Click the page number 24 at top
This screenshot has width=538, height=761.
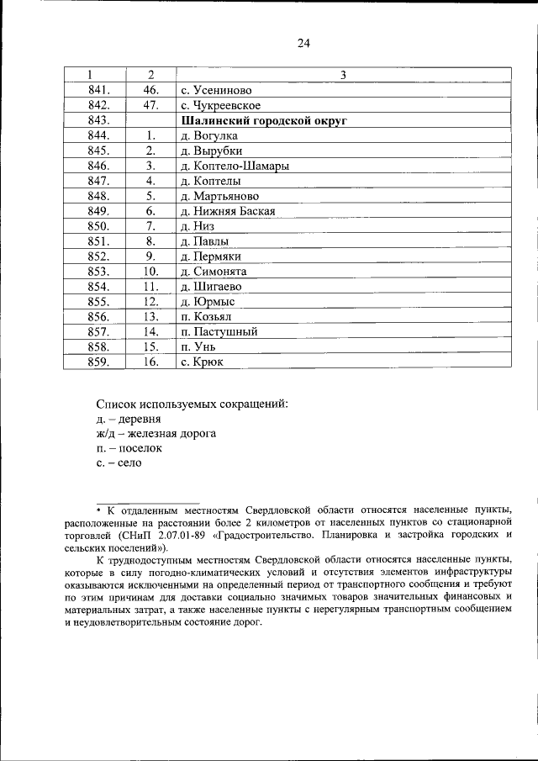click(303, 45)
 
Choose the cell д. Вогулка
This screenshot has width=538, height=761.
click(208, 136)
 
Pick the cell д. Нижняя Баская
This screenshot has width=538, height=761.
click(228, 212)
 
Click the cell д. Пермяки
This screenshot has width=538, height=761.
click(211, 256)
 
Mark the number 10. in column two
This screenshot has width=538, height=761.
click(150, 272)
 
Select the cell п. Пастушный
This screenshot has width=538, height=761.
click(219, 332)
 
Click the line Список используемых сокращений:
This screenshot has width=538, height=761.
click(193, 404)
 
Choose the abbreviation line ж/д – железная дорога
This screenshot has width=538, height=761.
click(156, 434)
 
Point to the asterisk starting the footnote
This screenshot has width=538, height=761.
click(98, 510)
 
